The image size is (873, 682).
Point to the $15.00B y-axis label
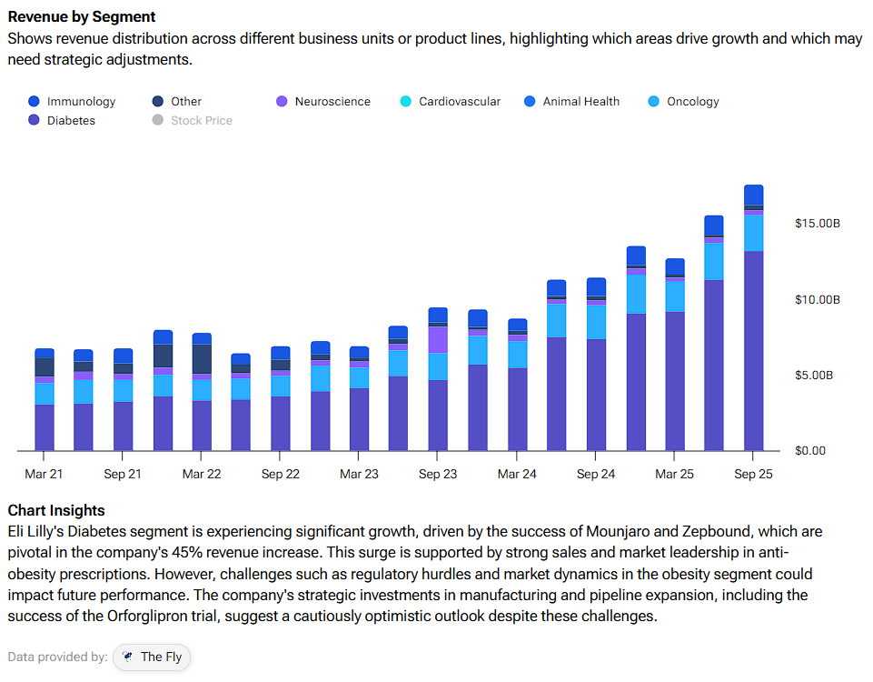click(817, 224)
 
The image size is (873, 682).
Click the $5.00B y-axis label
click(817, 376)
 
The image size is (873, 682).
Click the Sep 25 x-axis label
click(753, 475)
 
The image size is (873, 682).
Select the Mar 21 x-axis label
click(44, 475)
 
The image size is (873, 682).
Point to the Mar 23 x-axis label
click(359, 475)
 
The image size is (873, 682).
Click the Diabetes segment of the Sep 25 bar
click(753, 350)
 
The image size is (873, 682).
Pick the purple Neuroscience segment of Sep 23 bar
click(438, 339)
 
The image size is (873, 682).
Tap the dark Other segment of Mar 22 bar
click(202, 358)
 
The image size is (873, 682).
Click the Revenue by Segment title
click(82, 17)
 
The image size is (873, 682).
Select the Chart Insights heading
click(56, 510)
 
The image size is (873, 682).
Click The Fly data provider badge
click(152, 657)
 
